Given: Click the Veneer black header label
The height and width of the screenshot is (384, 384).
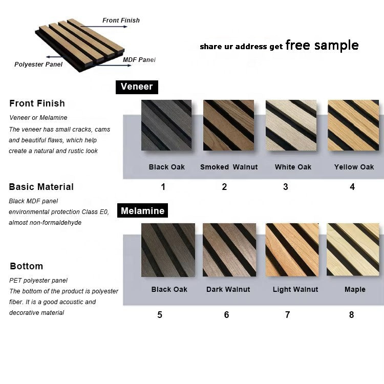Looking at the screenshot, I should (x=137, y=87).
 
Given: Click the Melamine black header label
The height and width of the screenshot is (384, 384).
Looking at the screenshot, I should (x=142, y=210).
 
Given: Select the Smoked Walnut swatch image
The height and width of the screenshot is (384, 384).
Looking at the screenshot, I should (x=228, y=125).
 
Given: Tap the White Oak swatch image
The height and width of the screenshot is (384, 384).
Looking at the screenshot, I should (x=291, y=125).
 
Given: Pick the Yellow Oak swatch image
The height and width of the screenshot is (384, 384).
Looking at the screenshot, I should (x=353, y=125).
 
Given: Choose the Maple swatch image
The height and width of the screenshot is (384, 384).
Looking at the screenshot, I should (x=353, y=250).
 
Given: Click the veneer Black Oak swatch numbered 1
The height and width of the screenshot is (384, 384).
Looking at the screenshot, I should (x=166, y=125).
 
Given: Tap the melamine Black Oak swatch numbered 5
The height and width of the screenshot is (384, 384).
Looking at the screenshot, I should (x=168, y=250).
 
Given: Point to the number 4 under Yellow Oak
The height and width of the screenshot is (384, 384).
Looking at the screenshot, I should (x=352, y=187).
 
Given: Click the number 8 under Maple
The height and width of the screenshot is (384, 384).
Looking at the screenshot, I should (x=351, y=315).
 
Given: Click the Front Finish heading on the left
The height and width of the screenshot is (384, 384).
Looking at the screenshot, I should (x=37, y=103).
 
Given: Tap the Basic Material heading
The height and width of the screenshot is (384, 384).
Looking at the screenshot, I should (x=41, y=187).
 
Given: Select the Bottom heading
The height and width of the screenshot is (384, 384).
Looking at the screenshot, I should (x=26, y=266).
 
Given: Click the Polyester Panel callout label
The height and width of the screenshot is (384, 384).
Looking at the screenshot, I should (x=38, y=65).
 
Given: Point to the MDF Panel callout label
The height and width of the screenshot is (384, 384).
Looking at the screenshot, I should (x=139, y=60).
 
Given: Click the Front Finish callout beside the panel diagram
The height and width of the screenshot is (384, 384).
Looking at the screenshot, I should (x=121, y=20).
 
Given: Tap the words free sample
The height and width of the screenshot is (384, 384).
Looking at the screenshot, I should (x=322, y=45).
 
